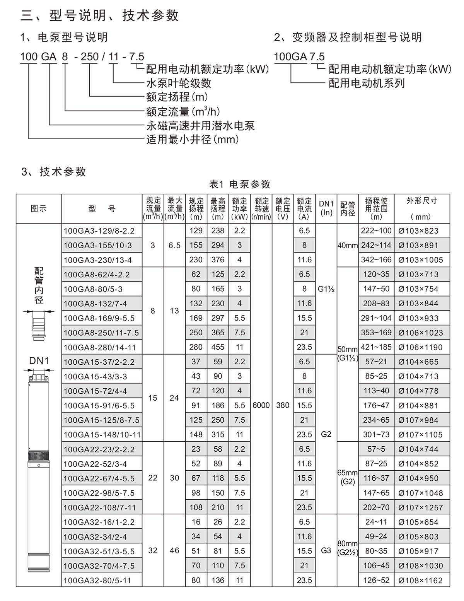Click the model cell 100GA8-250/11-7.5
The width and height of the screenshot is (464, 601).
101,333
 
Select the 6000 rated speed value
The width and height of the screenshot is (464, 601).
261,405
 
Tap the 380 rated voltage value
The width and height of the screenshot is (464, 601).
283,405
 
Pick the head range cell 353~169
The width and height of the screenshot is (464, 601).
376,333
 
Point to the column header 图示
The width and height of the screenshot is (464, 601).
39,209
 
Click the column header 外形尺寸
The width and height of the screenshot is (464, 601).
422,201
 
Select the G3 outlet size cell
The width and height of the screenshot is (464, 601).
326,551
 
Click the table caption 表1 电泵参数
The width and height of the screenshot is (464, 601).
240,184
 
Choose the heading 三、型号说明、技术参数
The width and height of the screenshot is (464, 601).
99,15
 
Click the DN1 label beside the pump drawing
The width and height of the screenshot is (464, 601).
39,361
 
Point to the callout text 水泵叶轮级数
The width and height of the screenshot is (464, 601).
178,83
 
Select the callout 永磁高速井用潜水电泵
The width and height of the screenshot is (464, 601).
200,126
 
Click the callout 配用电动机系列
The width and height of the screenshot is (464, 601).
367,83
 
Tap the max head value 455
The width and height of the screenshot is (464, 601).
218,347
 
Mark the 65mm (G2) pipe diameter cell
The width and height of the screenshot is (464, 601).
347,478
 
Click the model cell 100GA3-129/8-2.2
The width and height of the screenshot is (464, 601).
99,231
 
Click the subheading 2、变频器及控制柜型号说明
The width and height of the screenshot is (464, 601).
348,38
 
